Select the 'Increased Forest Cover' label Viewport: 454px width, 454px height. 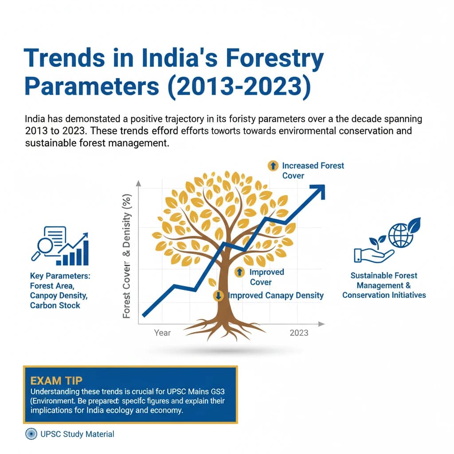313,170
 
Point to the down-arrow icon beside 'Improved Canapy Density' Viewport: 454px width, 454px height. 218,296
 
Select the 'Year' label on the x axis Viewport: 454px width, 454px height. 162,333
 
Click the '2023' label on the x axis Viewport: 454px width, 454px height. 299,333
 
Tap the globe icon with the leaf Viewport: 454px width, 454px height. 401,234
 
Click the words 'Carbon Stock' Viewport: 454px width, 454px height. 55,305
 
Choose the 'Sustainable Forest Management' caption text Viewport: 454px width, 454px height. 384,280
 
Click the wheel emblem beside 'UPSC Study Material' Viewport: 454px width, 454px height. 31,434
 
